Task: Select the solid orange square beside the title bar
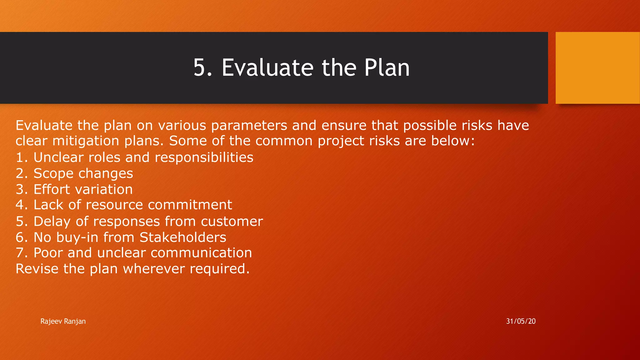(x=597, y=67)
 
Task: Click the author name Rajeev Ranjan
(x=63, y=321)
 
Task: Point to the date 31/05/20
(x=521, y=321)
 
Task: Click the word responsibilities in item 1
(x=204, y=157)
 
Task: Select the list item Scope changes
(x=83, y=173)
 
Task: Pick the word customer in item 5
(x=232, y=222)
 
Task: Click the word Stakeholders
(x=182, y=237)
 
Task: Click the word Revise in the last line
(x=37, y=269)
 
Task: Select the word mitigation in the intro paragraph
(x=86, y=141)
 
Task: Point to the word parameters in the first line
(x=249, y=126)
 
